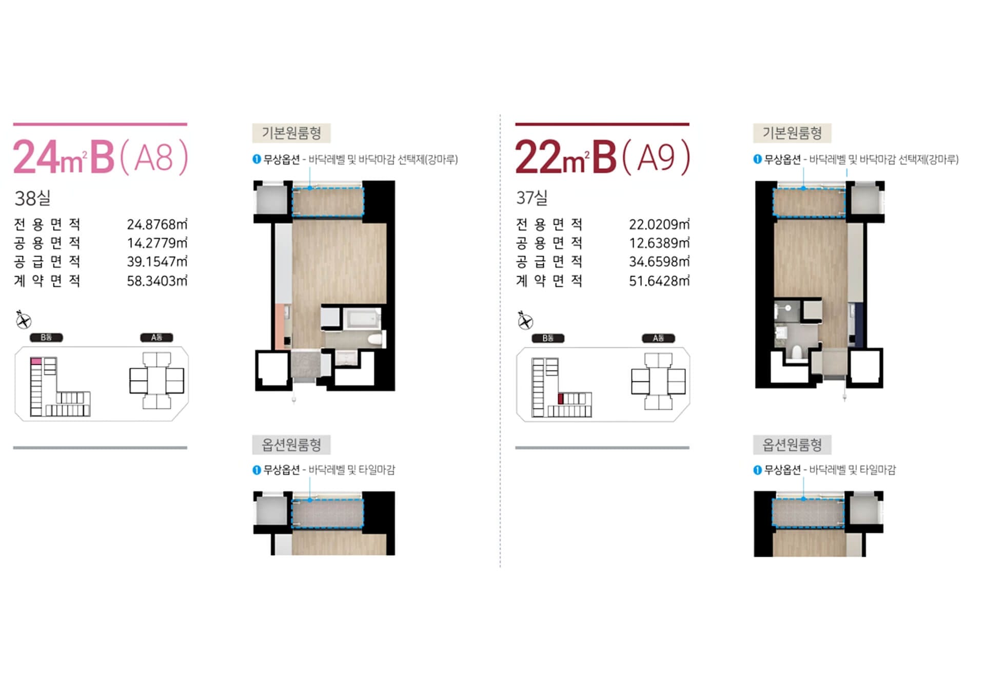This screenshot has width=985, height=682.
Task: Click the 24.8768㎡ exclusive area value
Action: (157, 224)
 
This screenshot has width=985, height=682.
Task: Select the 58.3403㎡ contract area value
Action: (157, 281)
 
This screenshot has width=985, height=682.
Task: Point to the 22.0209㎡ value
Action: (659, 224)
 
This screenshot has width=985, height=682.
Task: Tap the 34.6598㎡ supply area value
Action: (659, 262)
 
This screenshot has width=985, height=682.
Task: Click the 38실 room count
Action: (32, 198)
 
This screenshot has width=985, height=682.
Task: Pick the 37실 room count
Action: (532, 198)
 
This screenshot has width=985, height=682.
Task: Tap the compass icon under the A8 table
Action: (23, 320)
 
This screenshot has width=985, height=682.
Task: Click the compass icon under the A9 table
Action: (525, 320)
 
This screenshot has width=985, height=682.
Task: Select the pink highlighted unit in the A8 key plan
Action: (36, 361)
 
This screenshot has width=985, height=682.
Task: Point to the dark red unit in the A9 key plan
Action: (561, 399)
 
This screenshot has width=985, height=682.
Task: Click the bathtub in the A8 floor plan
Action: (363, 319)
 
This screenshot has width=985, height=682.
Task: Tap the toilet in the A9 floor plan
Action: (797, 352)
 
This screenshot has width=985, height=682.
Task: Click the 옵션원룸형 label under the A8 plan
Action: (291, 445)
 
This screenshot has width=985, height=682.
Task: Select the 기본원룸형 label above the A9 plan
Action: (792, 133)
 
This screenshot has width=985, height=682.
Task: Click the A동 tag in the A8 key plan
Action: (156, 338)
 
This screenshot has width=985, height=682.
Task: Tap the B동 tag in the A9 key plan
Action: (548, 338)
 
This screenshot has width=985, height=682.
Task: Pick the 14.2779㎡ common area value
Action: (157, 243)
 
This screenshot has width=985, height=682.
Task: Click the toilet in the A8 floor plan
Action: (376, 339)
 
